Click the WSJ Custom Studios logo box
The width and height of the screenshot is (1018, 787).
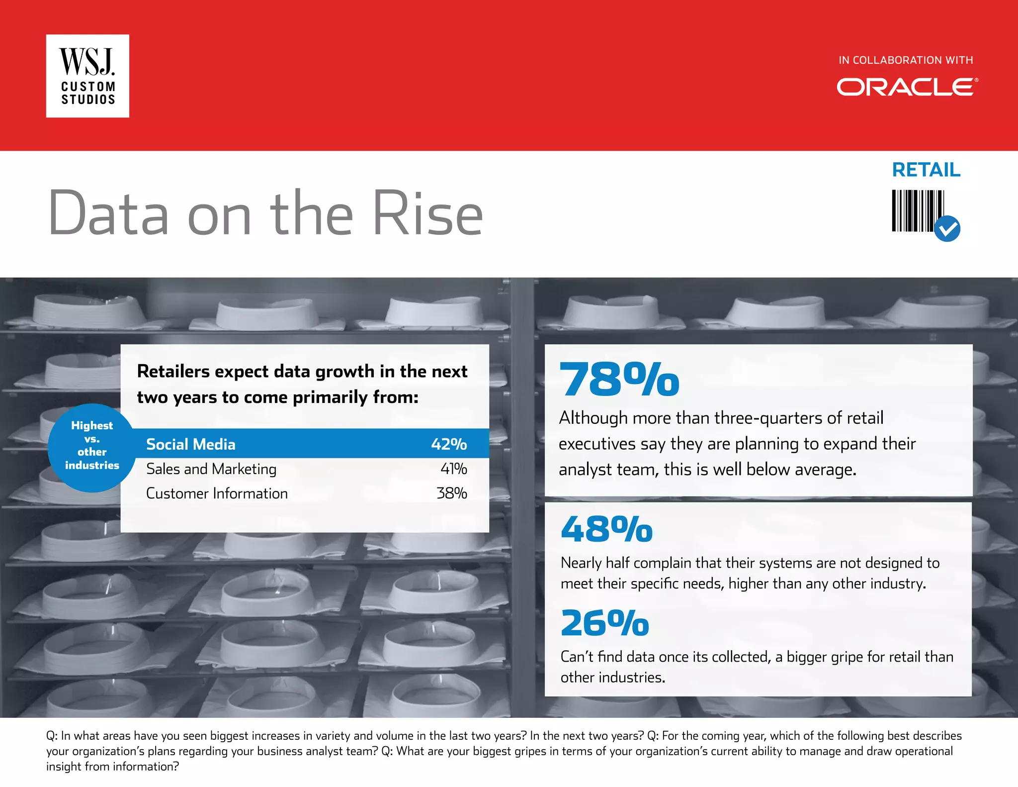point(87,76)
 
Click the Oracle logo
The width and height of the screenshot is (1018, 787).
point(907,87)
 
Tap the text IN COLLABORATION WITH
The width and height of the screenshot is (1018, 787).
point(906,60)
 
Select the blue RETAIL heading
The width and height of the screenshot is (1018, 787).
point(926,170)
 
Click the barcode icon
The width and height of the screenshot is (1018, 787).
point(917,211)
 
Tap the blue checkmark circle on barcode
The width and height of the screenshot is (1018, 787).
point(947,229)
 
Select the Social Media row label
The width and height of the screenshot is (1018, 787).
point(191,444)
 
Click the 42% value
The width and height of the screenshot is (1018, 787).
point(449,444)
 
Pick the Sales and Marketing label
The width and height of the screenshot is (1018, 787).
point(211,469)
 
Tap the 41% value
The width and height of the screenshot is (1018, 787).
point(453,469)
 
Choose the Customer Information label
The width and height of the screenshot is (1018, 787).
point(217,493)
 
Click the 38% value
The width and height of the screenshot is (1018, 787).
point(451,493)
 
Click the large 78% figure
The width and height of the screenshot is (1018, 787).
point(619,380)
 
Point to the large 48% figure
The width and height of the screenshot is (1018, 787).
point(606,529)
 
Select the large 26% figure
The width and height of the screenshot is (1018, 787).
point(605,623)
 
